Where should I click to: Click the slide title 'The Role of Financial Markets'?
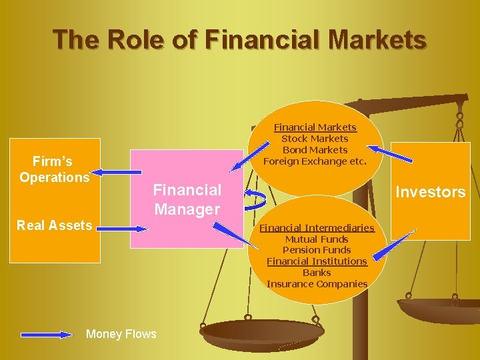point(240,39)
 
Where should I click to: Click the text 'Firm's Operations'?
point(54,169)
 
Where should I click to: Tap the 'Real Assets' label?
point(54,225)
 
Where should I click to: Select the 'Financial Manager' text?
point(187,199)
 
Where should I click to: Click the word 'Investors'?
point(430,192)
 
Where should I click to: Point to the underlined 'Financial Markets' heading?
point(315,127)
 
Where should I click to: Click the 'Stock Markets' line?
point(315,139)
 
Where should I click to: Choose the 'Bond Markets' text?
point(315,150)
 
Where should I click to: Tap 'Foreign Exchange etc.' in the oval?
point(315,161)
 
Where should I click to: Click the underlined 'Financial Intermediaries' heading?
point(317,228)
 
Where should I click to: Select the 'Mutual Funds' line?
point(317,239)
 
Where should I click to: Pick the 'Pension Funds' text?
point(317,250)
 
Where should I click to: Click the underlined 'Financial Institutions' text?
point(317,261)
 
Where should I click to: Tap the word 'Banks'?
point(317,273)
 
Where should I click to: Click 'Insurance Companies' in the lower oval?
point(317,284)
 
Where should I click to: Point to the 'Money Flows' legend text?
point(121,334)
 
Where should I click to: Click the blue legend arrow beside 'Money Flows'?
point(46,334)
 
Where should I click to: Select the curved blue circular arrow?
point(255,198)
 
